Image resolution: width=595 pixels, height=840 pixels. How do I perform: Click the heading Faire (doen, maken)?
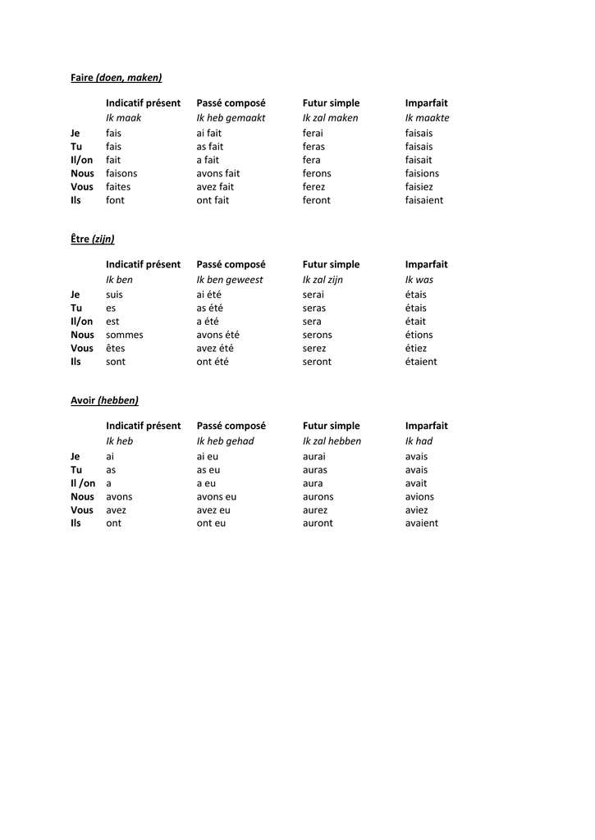point(116,78)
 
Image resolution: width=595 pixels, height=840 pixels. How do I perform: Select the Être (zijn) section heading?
point(92,240)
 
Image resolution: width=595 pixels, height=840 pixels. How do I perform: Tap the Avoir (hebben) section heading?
point(104,400)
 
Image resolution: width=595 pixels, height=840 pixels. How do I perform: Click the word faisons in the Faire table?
point(121,173)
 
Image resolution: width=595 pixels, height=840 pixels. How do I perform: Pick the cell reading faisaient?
point(423,200)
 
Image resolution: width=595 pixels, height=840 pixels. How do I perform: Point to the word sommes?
point(124,335)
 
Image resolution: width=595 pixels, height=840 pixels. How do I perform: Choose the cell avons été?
point(217,335)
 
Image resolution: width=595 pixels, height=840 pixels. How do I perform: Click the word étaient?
point(421,362)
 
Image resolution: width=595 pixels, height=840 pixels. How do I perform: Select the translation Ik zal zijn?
point(323,280)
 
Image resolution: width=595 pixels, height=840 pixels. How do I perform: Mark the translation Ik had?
point(419,441)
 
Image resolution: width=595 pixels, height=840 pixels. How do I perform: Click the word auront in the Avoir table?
point(318,523)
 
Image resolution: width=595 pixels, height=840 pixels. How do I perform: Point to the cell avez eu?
point(213,510)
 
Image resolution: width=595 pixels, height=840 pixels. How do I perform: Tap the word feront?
point(316,200)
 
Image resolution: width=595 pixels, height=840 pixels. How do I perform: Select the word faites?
point(118,187)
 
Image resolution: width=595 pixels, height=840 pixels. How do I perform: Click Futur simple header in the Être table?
point(331,265)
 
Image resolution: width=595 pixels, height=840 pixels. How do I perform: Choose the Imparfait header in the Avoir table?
point(426,427)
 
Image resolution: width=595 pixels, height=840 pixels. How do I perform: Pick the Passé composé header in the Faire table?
point(231,103)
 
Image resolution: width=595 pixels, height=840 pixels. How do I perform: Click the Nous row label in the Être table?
point(82,335)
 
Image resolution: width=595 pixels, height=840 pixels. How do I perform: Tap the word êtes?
point(116,349)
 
